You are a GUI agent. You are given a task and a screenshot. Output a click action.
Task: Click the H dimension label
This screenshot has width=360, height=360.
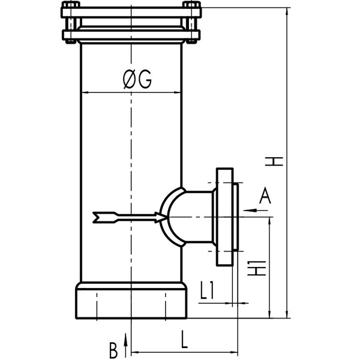274,161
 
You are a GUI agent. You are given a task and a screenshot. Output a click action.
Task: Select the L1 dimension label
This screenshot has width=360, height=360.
207,291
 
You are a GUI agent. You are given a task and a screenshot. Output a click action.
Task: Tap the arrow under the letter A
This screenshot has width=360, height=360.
255,210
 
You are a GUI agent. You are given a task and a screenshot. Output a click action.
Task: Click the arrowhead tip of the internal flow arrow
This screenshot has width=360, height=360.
167,216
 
